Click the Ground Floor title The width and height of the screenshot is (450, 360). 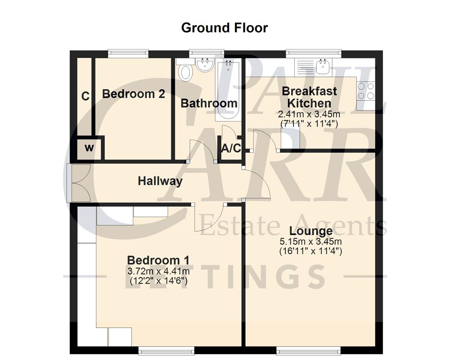[x=224, y=27]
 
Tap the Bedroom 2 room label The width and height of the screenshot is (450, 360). [x=133, y=94]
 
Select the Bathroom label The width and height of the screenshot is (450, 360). [x=209, y=103]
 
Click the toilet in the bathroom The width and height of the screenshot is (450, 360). [x=184, y=72]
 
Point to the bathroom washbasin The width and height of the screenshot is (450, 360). [x=205, y=65]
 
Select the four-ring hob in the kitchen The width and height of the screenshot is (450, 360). [x=365, y=91]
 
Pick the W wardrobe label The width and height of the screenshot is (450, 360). [x=90, y=148]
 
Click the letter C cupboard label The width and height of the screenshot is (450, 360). [x=85, y=96]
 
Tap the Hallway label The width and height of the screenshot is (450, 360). [x=160, y=181]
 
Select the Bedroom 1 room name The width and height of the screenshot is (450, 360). [x=158, y=260]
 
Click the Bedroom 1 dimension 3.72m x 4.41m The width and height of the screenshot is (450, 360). [x=158, y=271]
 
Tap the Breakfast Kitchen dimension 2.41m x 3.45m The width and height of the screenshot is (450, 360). [x=309, y=114]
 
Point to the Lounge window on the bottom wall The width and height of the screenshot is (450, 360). [x=294, y=350]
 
